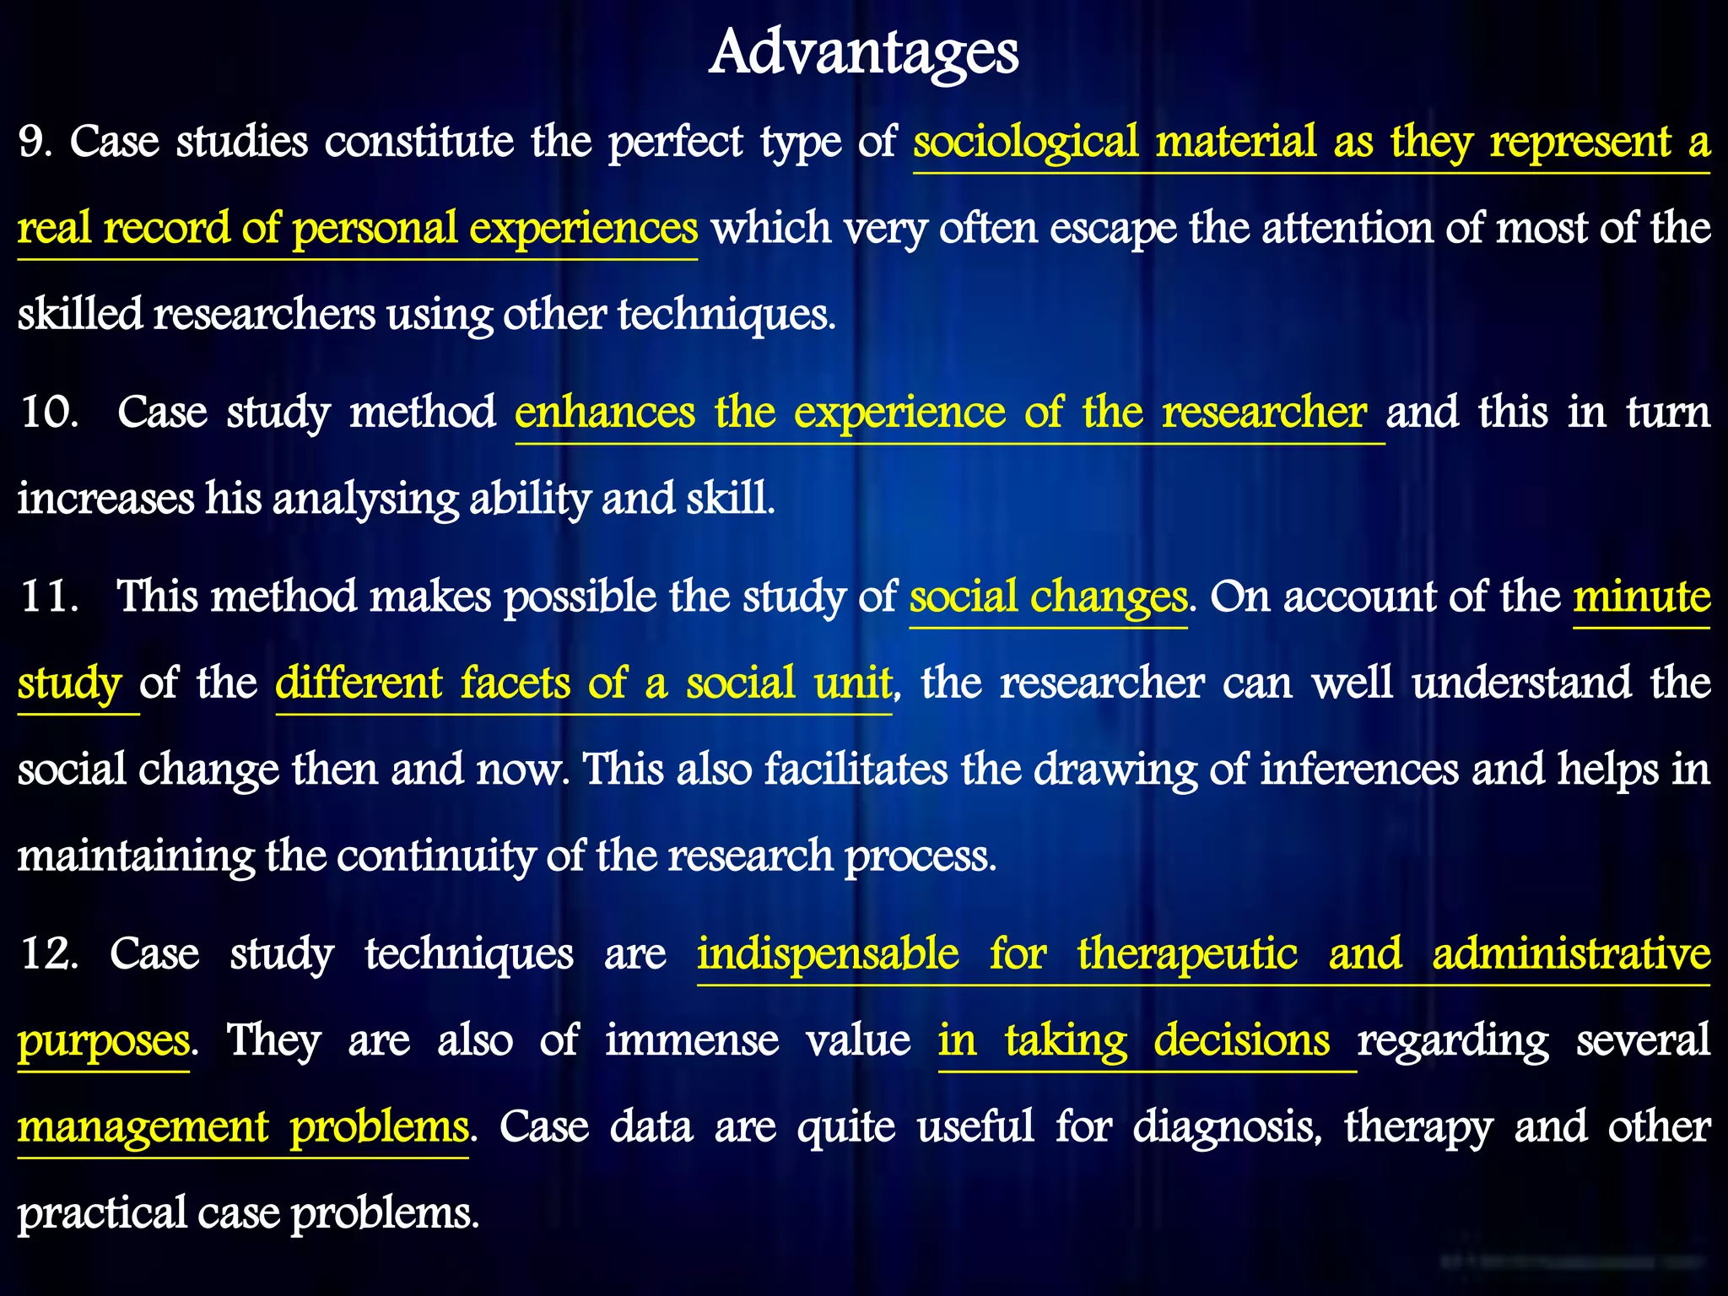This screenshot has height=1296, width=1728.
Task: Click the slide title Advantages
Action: coord(863,52)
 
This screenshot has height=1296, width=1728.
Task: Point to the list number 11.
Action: coord(48,597)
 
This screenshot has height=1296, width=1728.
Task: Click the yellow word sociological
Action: coord(1025,142)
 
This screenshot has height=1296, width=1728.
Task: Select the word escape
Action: coord(1114,229)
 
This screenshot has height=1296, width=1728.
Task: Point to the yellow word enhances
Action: coord(605,413)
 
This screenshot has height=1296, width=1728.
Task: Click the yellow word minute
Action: coord(1641,597)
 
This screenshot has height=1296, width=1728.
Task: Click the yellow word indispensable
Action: coord(828,954)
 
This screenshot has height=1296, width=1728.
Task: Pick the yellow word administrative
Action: coord(1571,954)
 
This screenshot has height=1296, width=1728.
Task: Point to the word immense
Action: coord(692,1040)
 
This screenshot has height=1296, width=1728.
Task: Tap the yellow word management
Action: coord(143,1127)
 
